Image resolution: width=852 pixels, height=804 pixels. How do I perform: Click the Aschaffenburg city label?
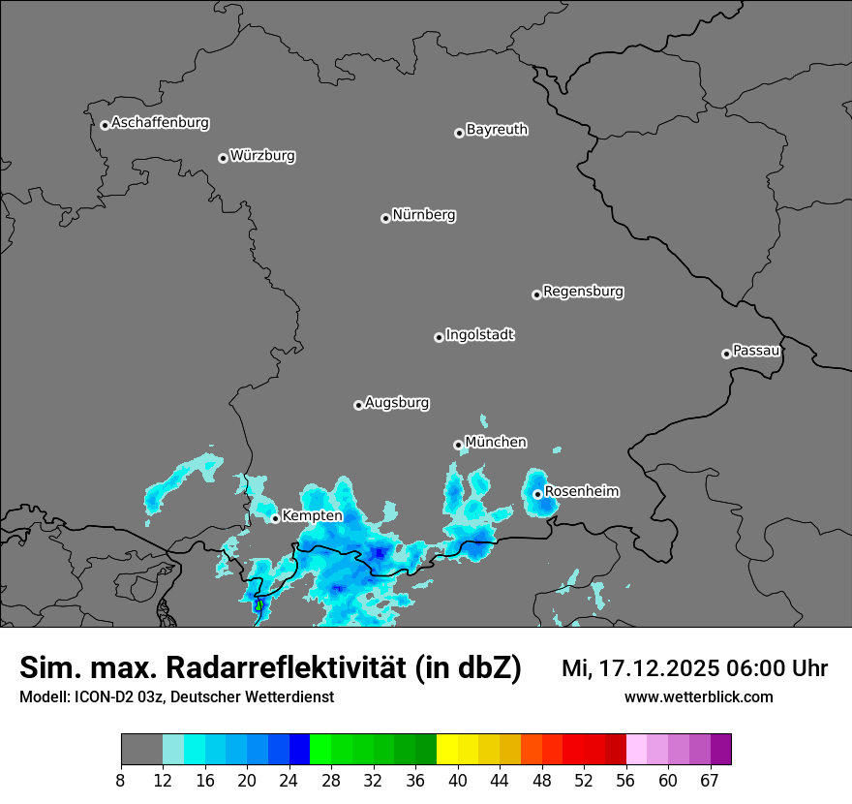pos(160,123)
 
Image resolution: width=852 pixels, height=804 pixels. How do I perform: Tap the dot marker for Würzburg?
pos(223,158)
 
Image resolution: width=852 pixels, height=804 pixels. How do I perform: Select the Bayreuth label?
pos(497,129)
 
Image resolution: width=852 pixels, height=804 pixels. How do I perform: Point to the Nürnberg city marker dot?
pos(385,218)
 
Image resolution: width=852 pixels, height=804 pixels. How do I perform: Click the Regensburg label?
pos(583,291)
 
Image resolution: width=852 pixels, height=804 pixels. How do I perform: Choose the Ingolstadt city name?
pos(479,335)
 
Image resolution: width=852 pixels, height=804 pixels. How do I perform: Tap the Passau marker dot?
pos(726,354)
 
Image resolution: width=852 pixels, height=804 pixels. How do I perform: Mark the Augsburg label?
pos(397,402)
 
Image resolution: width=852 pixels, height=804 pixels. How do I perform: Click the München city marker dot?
pos(458,446)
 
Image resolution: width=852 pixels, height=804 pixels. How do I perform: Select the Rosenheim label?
pos(581,491)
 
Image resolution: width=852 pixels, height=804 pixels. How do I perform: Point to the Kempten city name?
pos(312,515)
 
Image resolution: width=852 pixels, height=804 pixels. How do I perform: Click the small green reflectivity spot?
pos(259,605)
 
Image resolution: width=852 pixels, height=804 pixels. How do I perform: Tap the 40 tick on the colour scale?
pos(458,780)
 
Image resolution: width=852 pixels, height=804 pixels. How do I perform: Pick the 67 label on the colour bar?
pos(710,780)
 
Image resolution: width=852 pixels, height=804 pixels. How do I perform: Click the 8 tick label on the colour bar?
pos(121,780)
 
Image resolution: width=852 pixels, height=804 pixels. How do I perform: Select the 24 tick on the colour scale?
pos(289,780)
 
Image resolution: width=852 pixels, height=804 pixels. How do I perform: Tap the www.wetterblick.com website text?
pos(699,696)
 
